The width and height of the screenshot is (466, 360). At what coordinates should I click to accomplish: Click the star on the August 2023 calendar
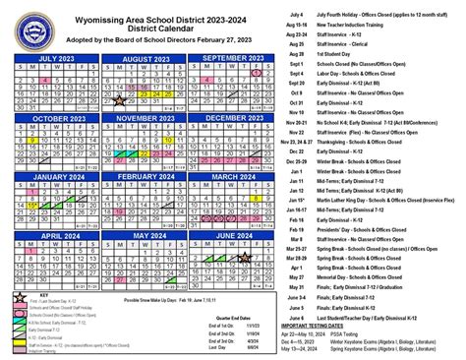[x=120, y=98]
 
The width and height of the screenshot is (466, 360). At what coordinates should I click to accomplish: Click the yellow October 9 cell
[x=33, y=141]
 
